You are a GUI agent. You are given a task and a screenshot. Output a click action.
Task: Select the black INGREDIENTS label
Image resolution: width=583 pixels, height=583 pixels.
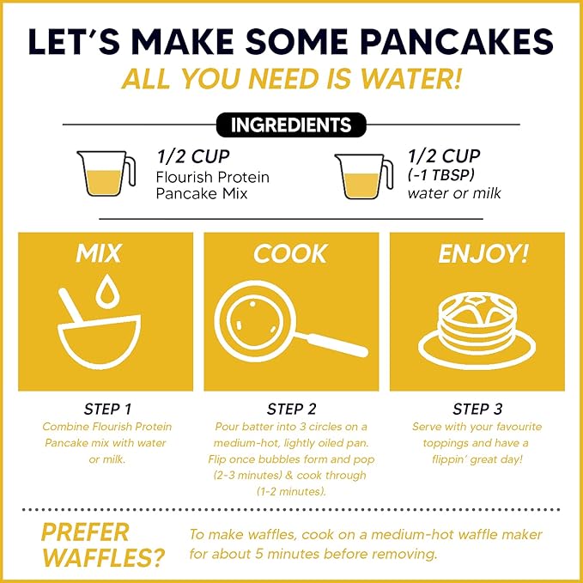click(x=291, y=124)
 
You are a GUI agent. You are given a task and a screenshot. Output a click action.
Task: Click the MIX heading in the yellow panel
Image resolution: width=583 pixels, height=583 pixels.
click(x=99, y=253)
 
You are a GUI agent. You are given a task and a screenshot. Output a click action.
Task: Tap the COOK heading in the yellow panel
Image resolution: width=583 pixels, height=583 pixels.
click(x=291, y=253)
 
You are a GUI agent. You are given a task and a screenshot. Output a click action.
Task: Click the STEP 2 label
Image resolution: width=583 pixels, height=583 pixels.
click(x=291, y=409)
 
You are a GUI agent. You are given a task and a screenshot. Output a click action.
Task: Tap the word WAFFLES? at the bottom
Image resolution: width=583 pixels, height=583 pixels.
click(x=102, y=559)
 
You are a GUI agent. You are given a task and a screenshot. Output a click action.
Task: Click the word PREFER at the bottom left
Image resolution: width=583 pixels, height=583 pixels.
click(x=84, y=531)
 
